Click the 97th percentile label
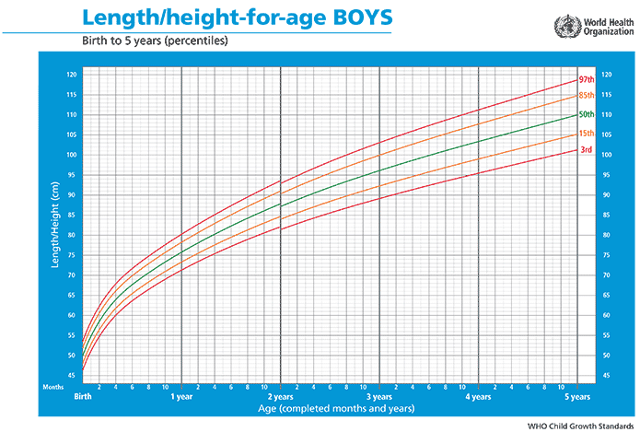point(585,80)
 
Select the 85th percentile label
point(585,96)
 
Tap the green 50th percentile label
point(585,114)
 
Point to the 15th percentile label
point(585,134)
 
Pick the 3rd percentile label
point(585,150)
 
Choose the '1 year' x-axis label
point(181,397)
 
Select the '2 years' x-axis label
point(280,397)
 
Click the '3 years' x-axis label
point(379,397)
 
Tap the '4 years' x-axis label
point(478,397)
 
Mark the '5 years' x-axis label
point(576,397)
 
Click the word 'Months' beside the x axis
point(53,387)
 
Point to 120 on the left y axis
point(72,74)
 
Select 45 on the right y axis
point(604,376)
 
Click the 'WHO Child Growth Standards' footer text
point(578,426)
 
